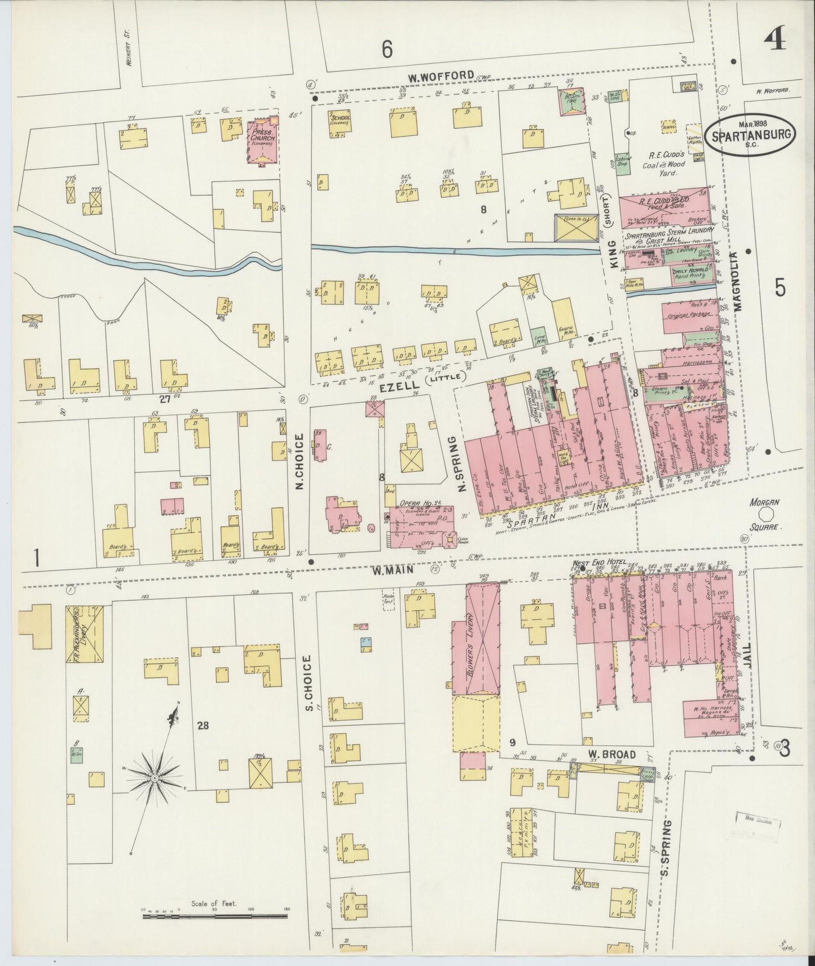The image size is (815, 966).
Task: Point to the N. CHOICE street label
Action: point(300,461)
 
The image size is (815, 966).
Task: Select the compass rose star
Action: point(154,778)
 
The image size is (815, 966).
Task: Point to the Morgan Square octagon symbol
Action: point(766,514)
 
